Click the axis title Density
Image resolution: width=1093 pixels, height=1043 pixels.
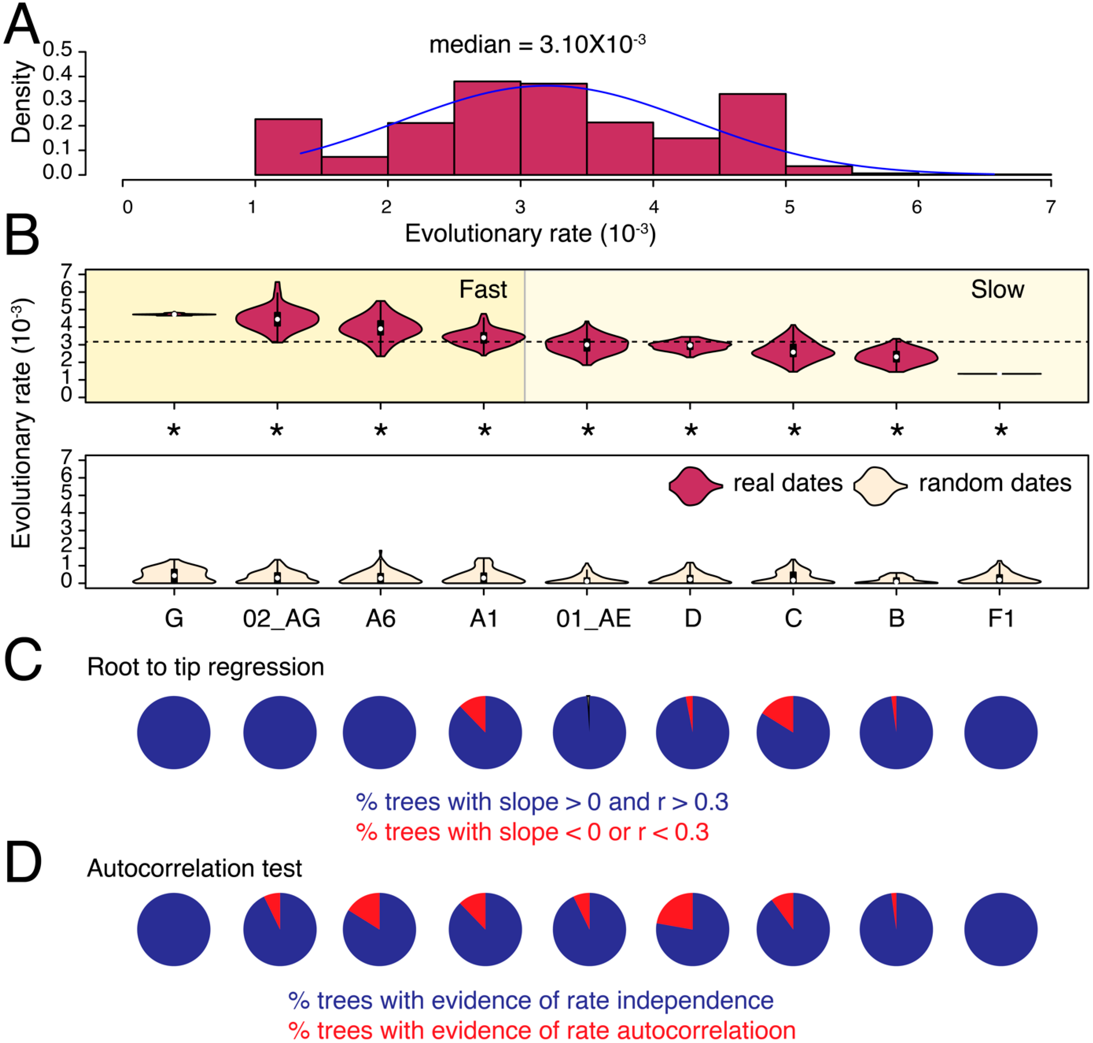coord(21,102)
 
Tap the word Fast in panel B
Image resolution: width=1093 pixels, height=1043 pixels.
coord(483,290)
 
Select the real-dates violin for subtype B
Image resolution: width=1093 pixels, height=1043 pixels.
coord(896,357)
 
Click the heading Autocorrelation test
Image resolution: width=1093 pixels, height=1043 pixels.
coord(195,868)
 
